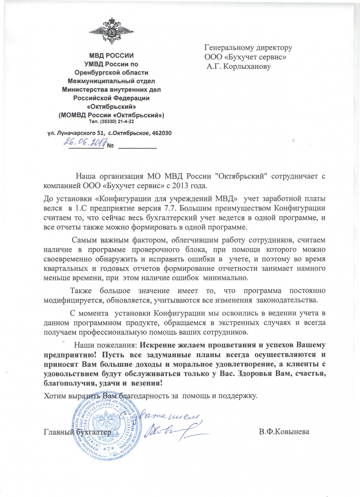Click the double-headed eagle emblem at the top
[111, 32]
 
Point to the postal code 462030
[161, 133]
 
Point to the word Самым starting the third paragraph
[82, 240]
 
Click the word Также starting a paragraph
[81, 291]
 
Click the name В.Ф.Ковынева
[284, 432]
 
